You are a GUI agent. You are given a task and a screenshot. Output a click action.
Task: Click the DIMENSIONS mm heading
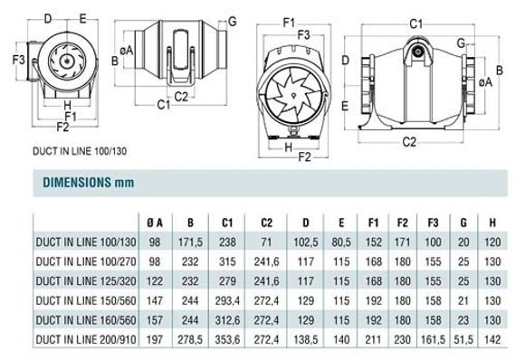click(89, 183)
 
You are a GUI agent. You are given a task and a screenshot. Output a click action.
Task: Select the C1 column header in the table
click(227, 223)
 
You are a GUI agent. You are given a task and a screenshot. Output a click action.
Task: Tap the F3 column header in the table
click(433, 223)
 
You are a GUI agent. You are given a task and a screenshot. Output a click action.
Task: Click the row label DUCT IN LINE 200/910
click(86, 339)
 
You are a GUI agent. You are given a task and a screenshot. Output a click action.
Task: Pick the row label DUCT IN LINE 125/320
click(86, 281)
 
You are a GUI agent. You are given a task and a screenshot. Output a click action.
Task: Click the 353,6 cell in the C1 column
click(227, 339)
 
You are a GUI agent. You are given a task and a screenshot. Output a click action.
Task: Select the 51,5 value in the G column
click(463, 339)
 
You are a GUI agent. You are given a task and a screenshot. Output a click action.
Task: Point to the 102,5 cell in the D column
click(306, 242)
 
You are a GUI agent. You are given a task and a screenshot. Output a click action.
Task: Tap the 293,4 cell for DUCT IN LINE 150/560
click(227, 301)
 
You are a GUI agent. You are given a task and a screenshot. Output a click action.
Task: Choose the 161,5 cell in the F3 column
click(433, 339)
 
